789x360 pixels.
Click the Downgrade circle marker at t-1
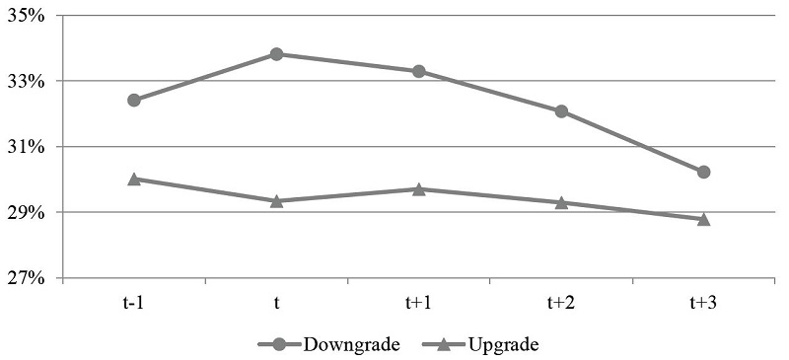[134, 100]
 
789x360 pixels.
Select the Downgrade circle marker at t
[277, 54]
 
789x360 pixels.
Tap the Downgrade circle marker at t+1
[419, 71]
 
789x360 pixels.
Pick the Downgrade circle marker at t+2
[561, 111]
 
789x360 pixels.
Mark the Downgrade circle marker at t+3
[703, 172]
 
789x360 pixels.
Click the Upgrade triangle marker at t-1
[134, 179]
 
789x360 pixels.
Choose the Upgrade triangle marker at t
[277, 200]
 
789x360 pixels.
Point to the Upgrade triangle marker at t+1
[419, 188]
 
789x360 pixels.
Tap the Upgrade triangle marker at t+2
[561, 202]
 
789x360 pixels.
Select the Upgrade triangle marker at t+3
[703, 218]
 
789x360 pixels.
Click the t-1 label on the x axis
[134, 303]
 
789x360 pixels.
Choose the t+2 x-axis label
[561, 303]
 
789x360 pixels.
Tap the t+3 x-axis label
[703, 303]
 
